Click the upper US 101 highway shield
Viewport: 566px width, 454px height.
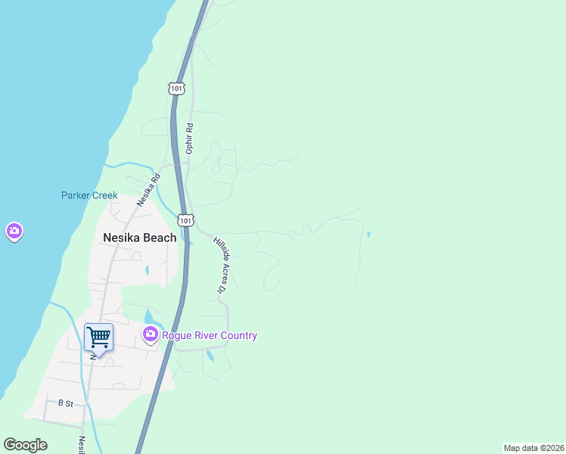click(176, 89)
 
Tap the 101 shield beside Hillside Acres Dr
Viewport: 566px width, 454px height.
click(185, 220)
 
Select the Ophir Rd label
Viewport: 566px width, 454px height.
click(190, 139)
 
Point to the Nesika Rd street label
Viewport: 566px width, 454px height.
click(149, 191)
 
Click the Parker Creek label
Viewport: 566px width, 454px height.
click(89, 195)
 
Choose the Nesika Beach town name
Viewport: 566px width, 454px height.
click(139, 238)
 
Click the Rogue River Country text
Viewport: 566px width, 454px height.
click(209, 335)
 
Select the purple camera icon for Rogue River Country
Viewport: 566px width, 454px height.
click(150, 334)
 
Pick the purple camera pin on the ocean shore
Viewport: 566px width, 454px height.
click(14, 232)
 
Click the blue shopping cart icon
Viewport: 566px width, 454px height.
click(98, 337)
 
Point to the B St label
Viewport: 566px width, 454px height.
click(65, 403)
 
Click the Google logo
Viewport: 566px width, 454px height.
click(25, 445)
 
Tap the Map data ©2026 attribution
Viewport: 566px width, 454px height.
click(533, 448)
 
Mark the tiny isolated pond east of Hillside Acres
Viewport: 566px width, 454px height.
click(368, 235)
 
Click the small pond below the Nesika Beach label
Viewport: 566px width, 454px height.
click(147, 269)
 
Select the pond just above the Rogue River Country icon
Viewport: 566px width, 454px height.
click(149, 316)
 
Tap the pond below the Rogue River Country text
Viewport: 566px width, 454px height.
click(210, 355)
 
